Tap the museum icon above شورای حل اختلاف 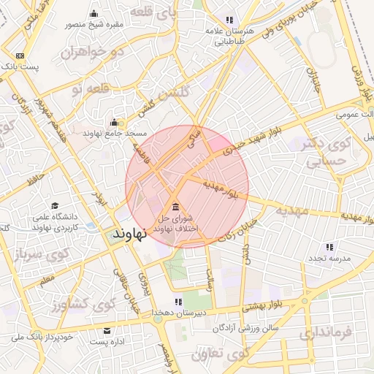point(175,205)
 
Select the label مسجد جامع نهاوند point(115,134)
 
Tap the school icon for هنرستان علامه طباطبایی point(229,20)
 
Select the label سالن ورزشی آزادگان point(245,328)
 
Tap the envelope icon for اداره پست point(107,330)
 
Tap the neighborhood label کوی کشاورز point(61,302)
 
